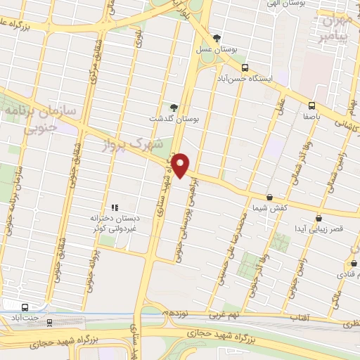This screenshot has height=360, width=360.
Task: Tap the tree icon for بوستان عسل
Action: (217, 39)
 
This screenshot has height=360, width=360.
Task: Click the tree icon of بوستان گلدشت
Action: (174, 108)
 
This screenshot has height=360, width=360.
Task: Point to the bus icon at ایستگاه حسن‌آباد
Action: (244, 68)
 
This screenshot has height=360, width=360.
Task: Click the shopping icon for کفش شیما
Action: (270, 198)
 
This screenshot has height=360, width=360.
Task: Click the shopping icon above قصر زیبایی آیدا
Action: (319, 219)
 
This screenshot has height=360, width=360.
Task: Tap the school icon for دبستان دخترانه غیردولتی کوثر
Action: (114, 207)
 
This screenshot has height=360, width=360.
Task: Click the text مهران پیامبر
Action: (335, 28)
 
